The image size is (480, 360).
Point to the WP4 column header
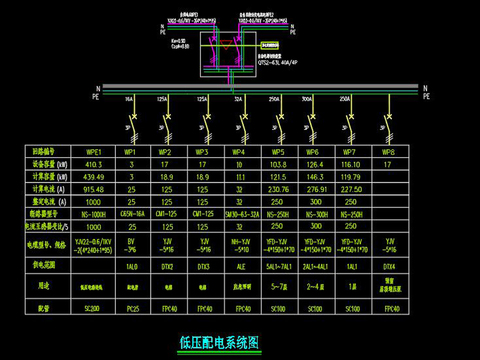[238, 152]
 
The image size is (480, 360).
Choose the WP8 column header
[388, 152]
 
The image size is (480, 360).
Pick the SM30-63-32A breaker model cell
[238, 212]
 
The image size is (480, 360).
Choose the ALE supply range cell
[238, 269]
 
